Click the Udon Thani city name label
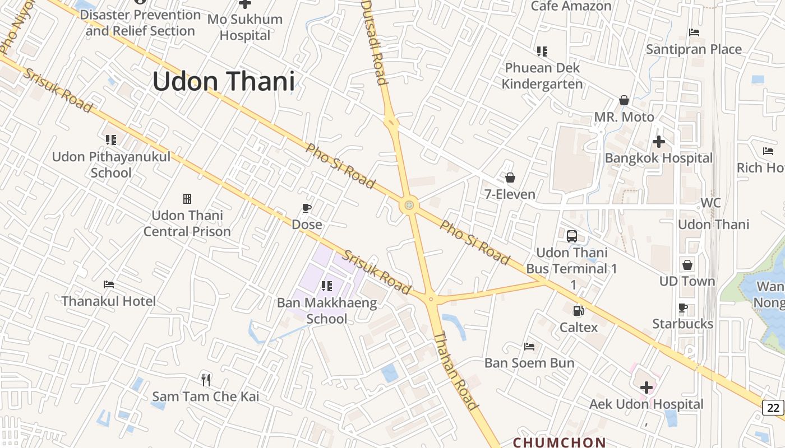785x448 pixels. [x=223, y=82]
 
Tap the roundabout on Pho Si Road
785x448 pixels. [x=409, y=205]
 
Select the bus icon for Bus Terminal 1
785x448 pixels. [x=571, y=236]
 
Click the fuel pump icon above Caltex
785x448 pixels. [x=578, y=310]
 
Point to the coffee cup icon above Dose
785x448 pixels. [x=307, y=208]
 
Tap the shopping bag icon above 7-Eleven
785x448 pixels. [x=510, y=178]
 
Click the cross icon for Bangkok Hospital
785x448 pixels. [x=659, y=142]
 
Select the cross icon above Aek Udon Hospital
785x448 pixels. [x=647, y=387]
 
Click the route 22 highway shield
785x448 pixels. [x=773, y=408]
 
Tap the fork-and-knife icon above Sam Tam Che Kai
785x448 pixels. [x=206, y=380]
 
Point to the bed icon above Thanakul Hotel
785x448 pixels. [x=109, y=284]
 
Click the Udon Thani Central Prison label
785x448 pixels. [x=187, y=223]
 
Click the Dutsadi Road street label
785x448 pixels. [x=375, y=42]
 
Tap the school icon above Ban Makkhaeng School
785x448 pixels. [x=327, y=287]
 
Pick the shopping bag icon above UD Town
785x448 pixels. [x=687, y=265]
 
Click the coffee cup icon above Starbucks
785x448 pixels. [x=682, y=307]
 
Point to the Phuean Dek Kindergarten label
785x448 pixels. [x=542, y=76]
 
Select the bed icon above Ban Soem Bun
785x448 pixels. [x=529, y=347]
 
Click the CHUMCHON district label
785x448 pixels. [x=560, y=442]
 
